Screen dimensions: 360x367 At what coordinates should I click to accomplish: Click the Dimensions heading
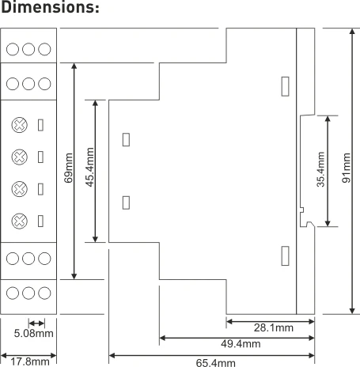(x=50, y=7)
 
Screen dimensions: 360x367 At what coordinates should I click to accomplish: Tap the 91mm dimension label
(x=347, y=168)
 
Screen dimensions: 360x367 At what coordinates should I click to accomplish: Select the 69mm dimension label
(x=69, y=168)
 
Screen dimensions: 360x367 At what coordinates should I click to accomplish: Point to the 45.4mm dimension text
(x=90, y=168)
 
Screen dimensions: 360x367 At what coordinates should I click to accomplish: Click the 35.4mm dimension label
(x=320, y=169)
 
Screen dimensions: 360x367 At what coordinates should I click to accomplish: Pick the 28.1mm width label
(x=274, y=327)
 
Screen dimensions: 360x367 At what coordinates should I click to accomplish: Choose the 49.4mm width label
(x=241, y=344)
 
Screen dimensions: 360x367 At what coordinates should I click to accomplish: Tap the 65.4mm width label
(x=216, y=362)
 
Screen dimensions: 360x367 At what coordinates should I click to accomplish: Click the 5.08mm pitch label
(x=33, y=333)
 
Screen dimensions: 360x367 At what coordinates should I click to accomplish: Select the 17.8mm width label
(x=30, y=361)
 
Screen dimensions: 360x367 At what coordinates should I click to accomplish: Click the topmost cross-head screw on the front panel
(x=20, y=125)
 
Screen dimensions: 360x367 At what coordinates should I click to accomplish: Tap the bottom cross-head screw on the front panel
(x=20, y=221)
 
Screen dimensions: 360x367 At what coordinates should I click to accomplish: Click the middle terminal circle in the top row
(x=28, y=49)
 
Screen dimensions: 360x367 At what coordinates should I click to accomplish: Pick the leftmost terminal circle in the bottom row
(x=13, y=293)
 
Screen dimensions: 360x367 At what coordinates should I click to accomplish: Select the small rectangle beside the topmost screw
(x=40, y=125)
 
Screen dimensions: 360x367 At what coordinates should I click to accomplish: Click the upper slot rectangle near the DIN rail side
(x=285, y=86)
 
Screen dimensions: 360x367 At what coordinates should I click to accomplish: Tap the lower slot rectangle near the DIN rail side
(x=285, y=255)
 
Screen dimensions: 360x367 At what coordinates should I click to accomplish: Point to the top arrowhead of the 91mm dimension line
(x=352, y=32)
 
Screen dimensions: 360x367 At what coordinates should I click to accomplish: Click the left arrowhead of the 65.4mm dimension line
(x=112, y=356)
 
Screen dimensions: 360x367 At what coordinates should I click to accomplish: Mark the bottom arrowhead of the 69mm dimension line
(x=74, y=276)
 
